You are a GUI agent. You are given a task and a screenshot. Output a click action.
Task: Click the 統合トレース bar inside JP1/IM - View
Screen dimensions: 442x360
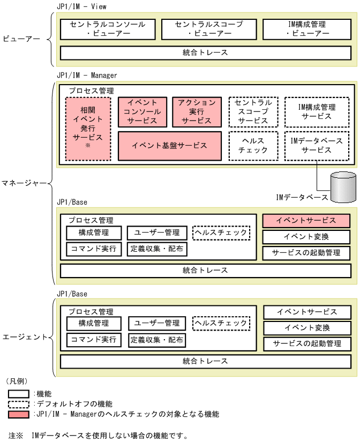(x=206, y=53)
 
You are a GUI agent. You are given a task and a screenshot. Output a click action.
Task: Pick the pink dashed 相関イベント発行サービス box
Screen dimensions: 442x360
(x=88, y=129)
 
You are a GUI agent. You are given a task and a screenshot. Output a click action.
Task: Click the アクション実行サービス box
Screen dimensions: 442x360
(x=197, y=111)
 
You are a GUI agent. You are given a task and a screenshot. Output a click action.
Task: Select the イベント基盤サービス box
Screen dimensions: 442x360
(x=169, y=146)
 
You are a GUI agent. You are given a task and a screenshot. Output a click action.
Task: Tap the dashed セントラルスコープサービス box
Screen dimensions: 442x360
(x=253, y=111)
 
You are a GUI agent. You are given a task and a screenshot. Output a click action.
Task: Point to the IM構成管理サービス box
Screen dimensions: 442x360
(x=317, y=111)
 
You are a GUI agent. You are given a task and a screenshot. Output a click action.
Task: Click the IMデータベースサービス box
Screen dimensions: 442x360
(x=317, y=146)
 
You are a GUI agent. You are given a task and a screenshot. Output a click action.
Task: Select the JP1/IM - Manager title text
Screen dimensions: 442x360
(x=86, y=76)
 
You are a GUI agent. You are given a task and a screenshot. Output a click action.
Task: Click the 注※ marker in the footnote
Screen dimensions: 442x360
(x=16, y=435)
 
